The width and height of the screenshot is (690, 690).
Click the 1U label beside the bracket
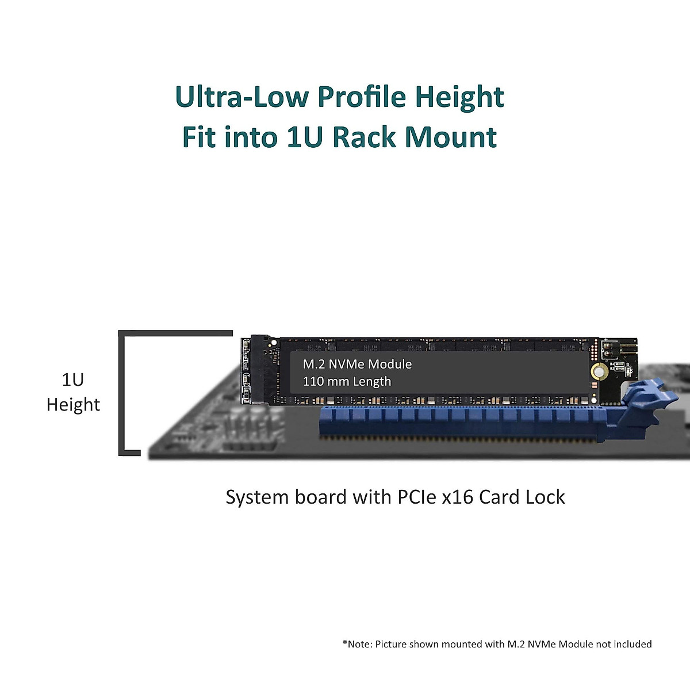pyautogui.click(x=73, y=379)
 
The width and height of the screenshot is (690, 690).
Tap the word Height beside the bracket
pyautogui.click(x=73, y=405)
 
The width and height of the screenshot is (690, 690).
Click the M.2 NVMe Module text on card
pyautogui.click(x=357, y=364)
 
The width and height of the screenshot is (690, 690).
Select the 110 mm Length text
pyautogui.click(x=347, y=381)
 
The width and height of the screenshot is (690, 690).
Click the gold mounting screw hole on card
pyautogui.click(x=599, y=371)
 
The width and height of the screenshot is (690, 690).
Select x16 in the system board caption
pyautogui.click(x=458, y=497)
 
